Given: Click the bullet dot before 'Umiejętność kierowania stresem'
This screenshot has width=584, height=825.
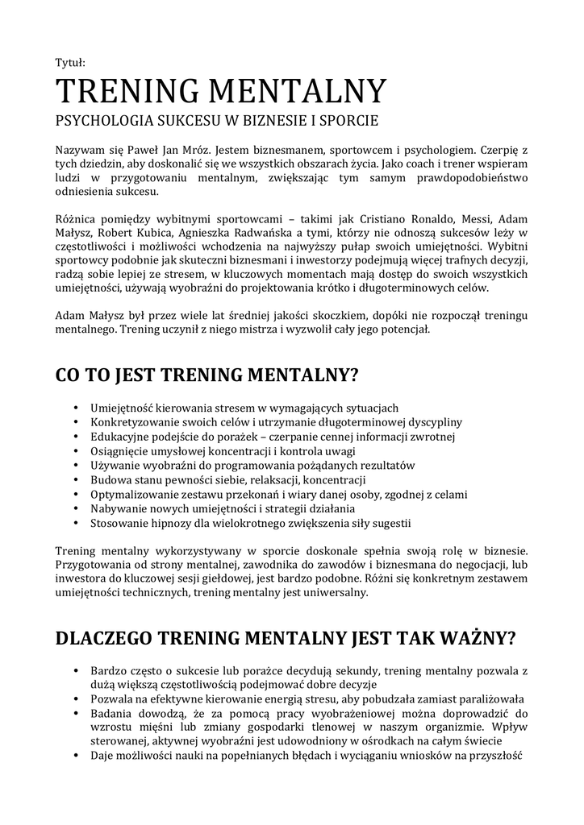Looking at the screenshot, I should [75, 408].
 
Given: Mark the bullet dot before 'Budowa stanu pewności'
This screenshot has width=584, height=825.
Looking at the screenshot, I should [75, 480].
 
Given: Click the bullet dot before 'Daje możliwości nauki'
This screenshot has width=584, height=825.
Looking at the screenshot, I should [75, 756].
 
